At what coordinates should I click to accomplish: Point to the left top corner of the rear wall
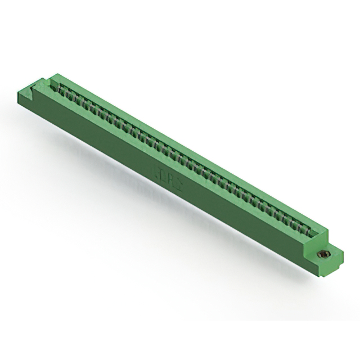pos(56,75)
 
